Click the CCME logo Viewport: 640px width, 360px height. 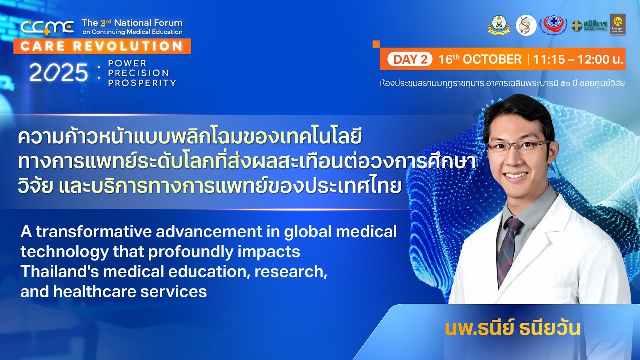coord(47,27)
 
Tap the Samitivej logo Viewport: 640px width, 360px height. coord(589,25)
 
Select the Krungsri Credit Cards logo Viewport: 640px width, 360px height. coord(617,24)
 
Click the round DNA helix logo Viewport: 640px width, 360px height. coord(526,25)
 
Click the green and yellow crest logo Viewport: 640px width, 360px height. coord(499,25)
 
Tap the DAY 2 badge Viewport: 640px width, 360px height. coord(410,60)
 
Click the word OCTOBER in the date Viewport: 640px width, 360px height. coord(492,60)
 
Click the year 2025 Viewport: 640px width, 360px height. coord(59,74)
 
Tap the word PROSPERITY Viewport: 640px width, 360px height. coord(142,83)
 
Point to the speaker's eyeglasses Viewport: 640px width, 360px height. coord(518,146)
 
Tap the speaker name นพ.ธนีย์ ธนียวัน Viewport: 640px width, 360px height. coord(512,328)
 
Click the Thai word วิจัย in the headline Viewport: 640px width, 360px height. coord(35,186)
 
